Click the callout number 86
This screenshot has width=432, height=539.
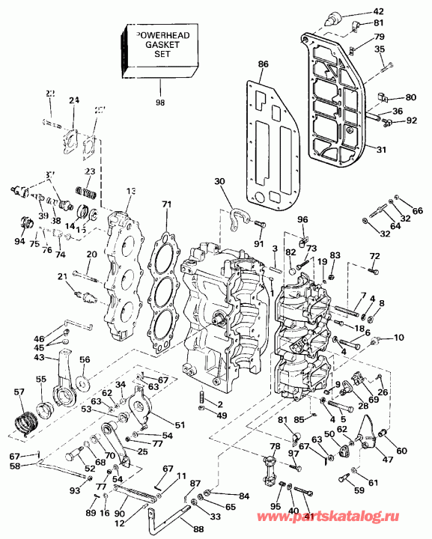pyautogui.click(x=263, y=65)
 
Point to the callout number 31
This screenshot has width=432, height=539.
pyautogui.click(x=381, y=150)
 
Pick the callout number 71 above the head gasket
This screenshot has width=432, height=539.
pyautogui.click(x=165, y=204)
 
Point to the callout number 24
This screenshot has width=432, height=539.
pyautogui.click(x=73, y=101)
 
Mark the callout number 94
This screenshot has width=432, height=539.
pyautogui.click(x=19, y=242)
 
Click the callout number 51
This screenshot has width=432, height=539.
pyautogui.click(x=179, y=425)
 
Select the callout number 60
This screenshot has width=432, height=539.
pyautogui.click(x=401, y=451)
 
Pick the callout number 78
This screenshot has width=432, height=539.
pyautogui.click(x=275, y=447)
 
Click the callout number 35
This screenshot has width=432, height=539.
pyautogui.click(x=380, y=50)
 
